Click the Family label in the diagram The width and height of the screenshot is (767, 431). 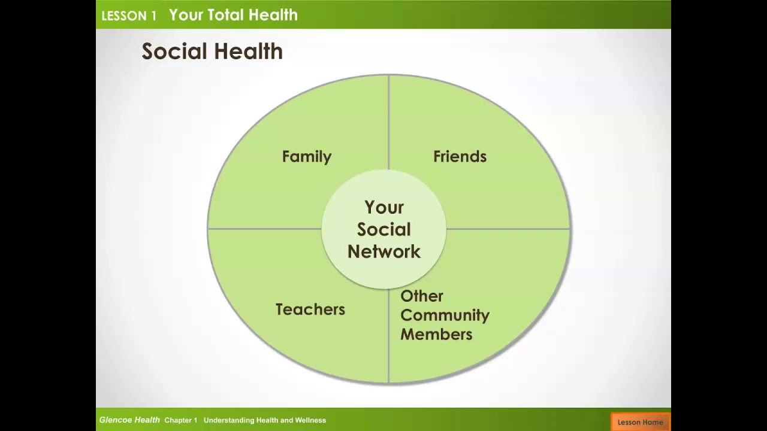(306, 157)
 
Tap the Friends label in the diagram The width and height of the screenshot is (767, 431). (460, 157)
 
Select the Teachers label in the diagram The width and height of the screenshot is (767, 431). (310, 309)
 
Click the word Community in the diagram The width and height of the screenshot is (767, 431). (445, 315)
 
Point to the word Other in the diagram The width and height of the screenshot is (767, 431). (422, 296)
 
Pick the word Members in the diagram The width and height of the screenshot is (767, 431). (436, 335)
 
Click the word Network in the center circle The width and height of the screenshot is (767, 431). (384, 252)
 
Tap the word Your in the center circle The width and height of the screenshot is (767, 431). (384, 208)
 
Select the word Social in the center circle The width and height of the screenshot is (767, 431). (384, 230)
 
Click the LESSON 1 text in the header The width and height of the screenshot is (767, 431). (129, 16)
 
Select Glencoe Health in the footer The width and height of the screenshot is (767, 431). (129, 420)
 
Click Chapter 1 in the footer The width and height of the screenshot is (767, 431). (181, 420)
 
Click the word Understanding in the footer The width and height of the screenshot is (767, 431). (227, 420)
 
